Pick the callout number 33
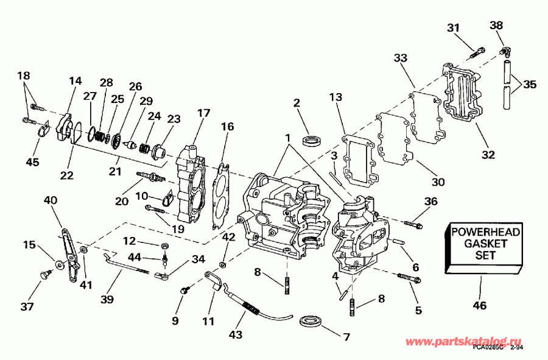pos(400,58)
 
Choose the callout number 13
pos(337,97)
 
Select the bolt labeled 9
pos(182,292)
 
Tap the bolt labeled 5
pos(409,278)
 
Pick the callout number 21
pos(114,172)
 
